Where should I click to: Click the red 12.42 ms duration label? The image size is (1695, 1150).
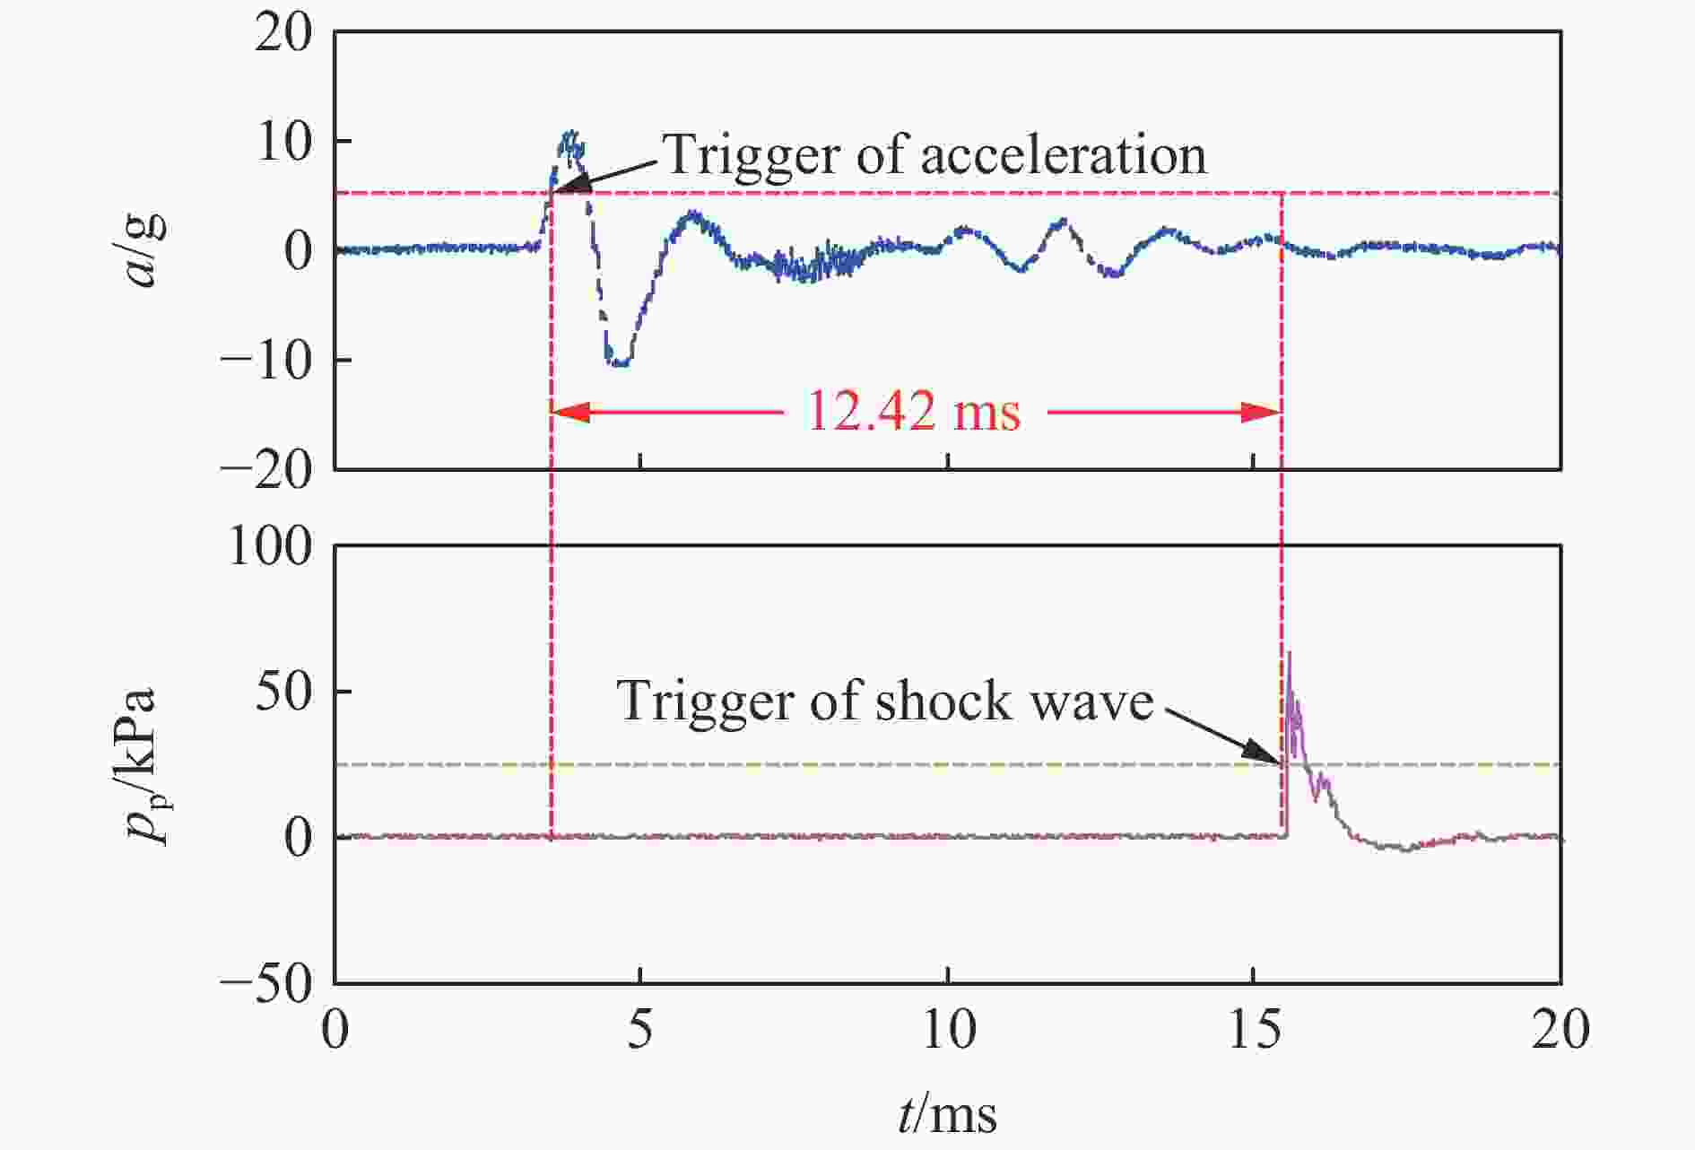pyautogui.click(x=914, y=412)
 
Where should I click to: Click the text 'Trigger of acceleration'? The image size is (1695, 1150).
pyautogui.click(x=934, y=154)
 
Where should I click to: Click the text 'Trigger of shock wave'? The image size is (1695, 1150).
pyautogui.click(x=884, y=701)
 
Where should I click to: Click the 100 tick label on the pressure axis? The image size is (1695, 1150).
pyautogui.click(x=271, y=546)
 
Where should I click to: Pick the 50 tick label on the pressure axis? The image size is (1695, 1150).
pyautogui.click(x=284, y=693)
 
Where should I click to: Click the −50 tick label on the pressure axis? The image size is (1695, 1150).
pyautogui.click(x=266, y=985)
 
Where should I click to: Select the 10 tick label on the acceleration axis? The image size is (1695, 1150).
pyautogui.click(x=284, y=142)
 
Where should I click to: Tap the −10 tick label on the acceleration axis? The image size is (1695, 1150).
pyautogui.click(x=266, y=361)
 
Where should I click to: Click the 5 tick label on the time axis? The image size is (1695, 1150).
pyautogui.click(x=639, y=1031)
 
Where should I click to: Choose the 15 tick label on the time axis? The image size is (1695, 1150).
pyautogui.click(x=1253, y=1031)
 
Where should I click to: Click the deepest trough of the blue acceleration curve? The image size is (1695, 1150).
pyautogui.click(x=618, y=363)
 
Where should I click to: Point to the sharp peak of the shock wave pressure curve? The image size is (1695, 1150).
pyautogui.click(x=1289, y=653)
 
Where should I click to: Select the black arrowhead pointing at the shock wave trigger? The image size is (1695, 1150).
pyautogui.click(x=1268, y=754)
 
